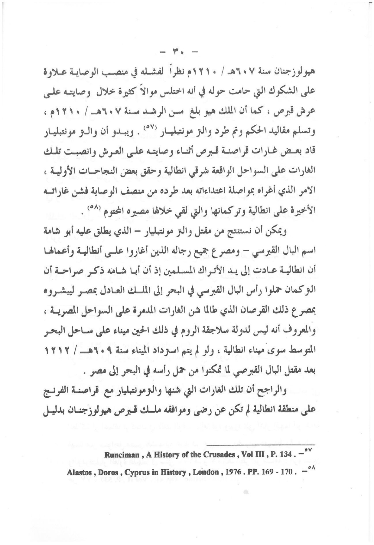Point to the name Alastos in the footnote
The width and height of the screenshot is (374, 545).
pos(78,472)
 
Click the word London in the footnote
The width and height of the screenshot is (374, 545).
pos(206,472)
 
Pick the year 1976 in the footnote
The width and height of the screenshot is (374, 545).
pos(233,472)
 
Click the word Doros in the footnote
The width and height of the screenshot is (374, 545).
pos(105,472)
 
